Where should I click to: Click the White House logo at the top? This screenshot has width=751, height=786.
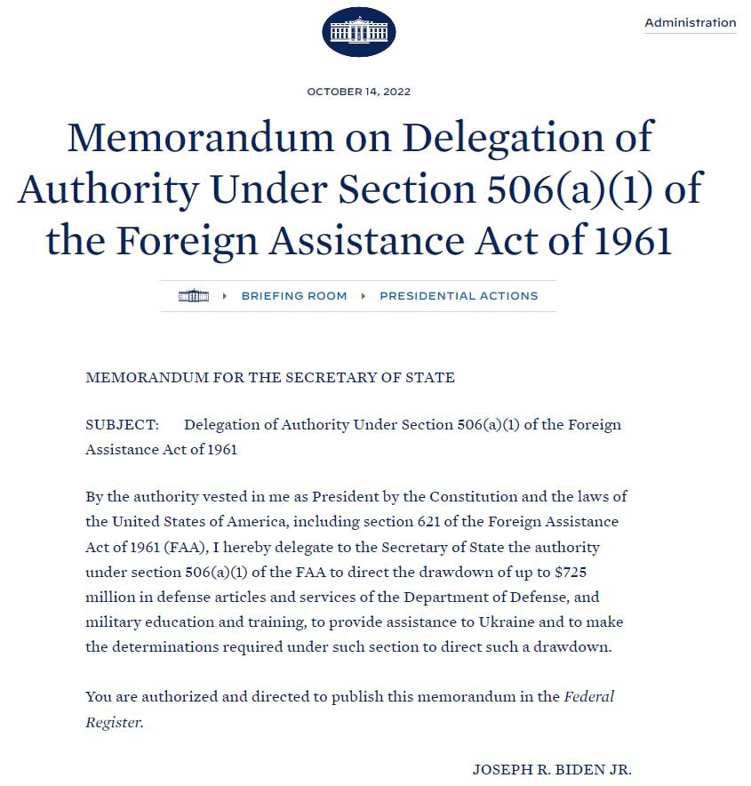pyautogui.click(x=358, y=32)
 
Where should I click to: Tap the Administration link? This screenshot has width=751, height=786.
pyautogui.click(x=690, y=22)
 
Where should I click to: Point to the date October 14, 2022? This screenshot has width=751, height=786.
pyautogui.click(x=358, y=92)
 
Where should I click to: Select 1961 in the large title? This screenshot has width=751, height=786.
pyautogui.click(x=627, y=240)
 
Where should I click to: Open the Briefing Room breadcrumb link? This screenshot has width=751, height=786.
pyautogui.click(x=294, y=296)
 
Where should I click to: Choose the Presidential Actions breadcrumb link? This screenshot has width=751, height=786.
pyautogui.click(x=459, y=296)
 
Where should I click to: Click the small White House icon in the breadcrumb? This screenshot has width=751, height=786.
pyautogui.click(x=193, y=296)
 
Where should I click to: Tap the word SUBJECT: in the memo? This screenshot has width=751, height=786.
pyautogui.click(x=122, y=425)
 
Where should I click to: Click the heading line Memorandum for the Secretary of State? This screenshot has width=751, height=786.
pyautogui.click(x=269, y=378)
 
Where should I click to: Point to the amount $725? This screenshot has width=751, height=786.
pyautogui.click(x=569, y=572)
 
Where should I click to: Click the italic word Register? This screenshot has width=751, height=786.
pyautogui.click(x=113, y=723)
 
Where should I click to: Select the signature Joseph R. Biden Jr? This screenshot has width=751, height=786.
pyautogui.click(x=551, y=770)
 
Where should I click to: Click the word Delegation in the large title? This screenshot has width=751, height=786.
pyautogui.click(x=528, y=138)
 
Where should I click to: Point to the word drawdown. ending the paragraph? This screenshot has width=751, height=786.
pyautogui.click(x=576, y=647)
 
